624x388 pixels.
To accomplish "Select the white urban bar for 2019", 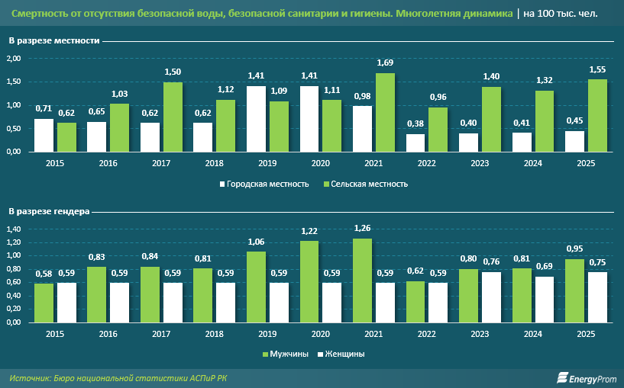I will coord(256,119).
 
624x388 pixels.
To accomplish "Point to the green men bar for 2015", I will coord(44,303).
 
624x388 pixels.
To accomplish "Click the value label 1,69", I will coord(385,63).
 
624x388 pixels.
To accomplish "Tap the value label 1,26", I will coord(364,228).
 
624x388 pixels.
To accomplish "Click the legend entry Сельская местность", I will coord(366,184).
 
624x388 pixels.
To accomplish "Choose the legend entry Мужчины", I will coord(288,354).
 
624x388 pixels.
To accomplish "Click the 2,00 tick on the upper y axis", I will coord(14,58).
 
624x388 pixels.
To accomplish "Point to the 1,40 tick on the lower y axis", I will coord(14,229).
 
